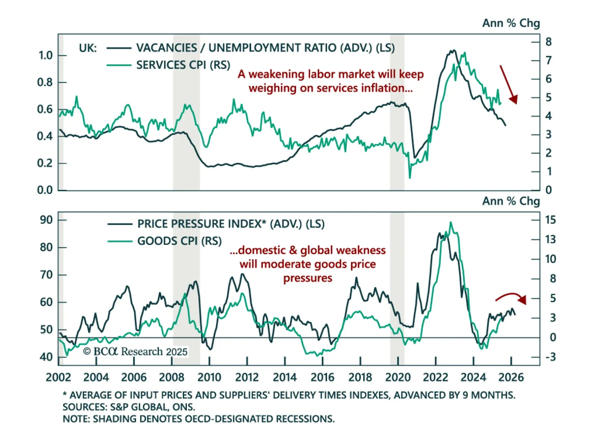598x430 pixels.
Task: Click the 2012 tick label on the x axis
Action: tap(247, 377)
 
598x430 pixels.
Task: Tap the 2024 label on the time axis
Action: tap(473, 377)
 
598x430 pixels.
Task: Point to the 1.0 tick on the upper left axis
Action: tap(46, 56)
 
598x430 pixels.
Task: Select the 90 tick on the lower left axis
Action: tap(46, 220)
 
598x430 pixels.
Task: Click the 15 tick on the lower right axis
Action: tap(550, 220)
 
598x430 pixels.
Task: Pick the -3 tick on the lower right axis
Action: tap(550, 357)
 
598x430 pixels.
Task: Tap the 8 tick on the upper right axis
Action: tap(548, 42)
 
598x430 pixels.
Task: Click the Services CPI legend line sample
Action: tap(119, 65)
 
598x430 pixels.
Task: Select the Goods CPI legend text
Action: tap(179, 241)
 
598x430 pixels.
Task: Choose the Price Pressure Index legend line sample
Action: tap(120, 224)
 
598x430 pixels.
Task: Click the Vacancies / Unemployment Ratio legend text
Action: tap(265, 48)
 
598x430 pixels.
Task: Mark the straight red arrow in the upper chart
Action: tap(509, 85)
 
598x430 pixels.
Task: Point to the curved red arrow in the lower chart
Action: tap(511, 298)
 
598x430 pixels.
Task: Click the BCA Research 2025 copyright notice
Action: tap(135, 351)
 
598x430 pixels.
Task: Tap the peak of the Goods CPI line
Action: tap(451, 222)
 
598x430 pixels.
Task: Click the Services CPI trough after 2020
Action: tap(410, 177)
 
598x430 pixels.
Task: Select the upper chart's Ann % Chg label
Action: tap(511, 23)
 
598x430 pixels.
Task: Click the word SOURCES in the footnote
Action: tap(85, 407)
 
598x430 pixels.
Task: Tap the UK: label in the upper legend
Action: tap(88, 48)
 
